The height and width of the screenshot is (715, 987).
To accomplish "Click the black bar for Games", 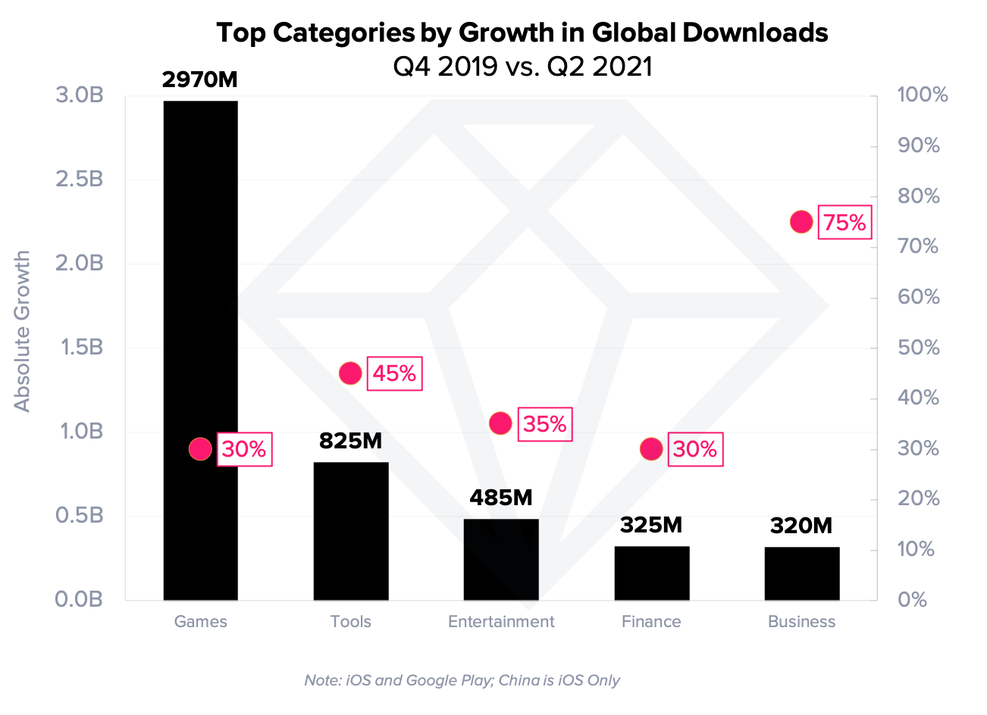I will (x=200, y=303).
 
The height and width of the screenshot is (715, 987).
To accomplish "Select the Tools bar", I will (x=350, y=530).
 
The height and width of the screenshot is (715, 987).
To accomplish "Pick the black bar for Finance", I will (x=651, y=573).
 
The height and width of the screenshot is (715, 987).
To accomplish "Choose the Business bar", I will (x=801, y=573).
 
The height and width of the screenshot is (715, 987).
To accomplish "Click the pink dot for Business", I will (x=801, y=222).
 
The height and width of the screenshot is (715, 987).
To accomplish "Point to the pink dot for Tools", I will (x=350, y=373).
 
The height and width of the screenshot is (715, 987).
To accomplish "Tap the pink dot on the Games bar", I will (x=200, y=449).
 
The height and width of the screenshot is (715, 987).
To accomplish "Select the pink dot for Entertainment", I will (x=500, y=423).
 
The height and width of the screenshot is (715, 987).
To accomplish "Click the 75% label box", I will (x=844, y=223).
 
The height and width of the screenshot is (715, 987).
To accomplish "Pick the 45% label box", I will (x=394, y=373).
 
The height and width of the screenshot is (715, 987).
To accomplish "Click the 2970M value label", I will (x=200, y=80).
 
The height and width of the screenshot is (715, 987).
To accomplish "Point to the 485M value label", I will (x=501, y=498).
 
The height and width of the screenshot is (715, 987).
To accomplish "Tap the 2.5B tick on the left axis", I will (x=80, y=180).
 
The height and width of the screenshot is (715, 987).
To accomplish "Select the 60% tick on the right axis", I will (x=918, y=297).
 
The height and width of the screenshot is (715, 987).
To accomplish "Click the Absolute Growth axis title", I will (x=23, y=331).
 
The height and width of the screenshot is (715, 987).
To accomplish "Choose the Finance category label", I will (x=651, y=622).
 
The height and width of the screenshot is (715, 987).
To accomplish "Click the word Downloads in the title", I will (x=755, y=33).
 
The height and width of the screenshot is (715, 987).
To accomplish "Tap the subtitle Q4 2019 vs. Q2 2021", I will (x=522, y=67).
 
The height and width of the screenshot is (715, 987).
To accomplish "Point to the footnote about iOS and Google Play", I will (x=462, y=680).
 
